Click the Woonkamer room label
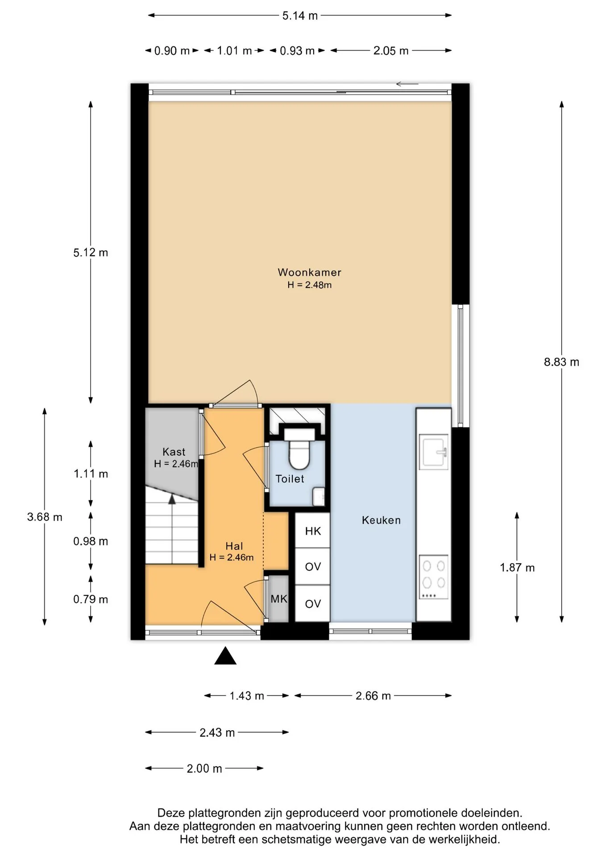pyautogui.click(x=309, y=272)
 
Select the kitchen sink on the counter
pyautogui.click(x=434, y=453)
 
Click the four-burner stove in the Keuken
pyautogui.click(x=433, y=577)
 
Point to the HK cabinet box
pyautogui.click(x=313, y=531)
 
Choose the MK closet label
pyautogui.click(x=279, y=599)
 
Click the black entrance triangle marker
pyautogui.click(x=225, y=656)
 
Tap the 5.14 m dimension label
pyautogui.click(x=300, y=16)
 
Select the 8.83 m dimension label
pyautogui.click(x=561, y=362)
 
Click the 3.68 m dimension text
pyautogui.click(x=45, y=517)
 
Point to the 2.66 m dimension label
pyautogui.click(x=373, y=695)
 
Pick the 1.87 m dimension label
pyautogui.click(x=517, y=567)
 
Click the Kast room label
pyautogui.click(x=174, y=452)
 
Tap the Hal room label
pyautogui.click(x=234, y=546)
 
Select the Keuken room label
pyautogui.click(x=381, y=520)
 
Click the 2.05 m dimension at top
pyautogui.click(x=391, y=51)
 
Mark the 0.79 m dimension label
pyautogui.click(x=91, y=599)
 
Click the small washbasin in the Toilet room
pyautogui.click(x=319, y=497)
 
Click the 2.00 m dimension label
pyautogui.click(x=204, y=769)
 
